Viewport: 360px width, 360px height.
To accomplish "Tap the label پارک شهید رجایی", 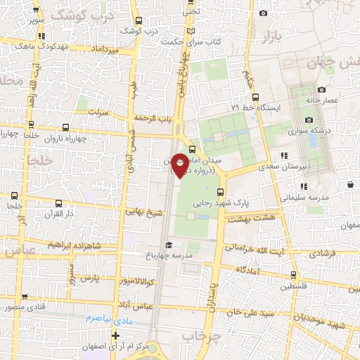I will (x=252, y=200).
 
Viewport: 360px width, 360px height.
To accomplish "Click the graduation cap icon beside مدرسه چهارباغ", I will (x=168, y=244).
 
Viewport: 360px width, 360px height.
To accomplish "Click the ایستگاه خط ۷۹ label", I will (x=256, y=108).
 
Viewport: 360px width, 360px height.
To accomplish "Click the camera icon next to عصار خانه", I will (x=322, y=89).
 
